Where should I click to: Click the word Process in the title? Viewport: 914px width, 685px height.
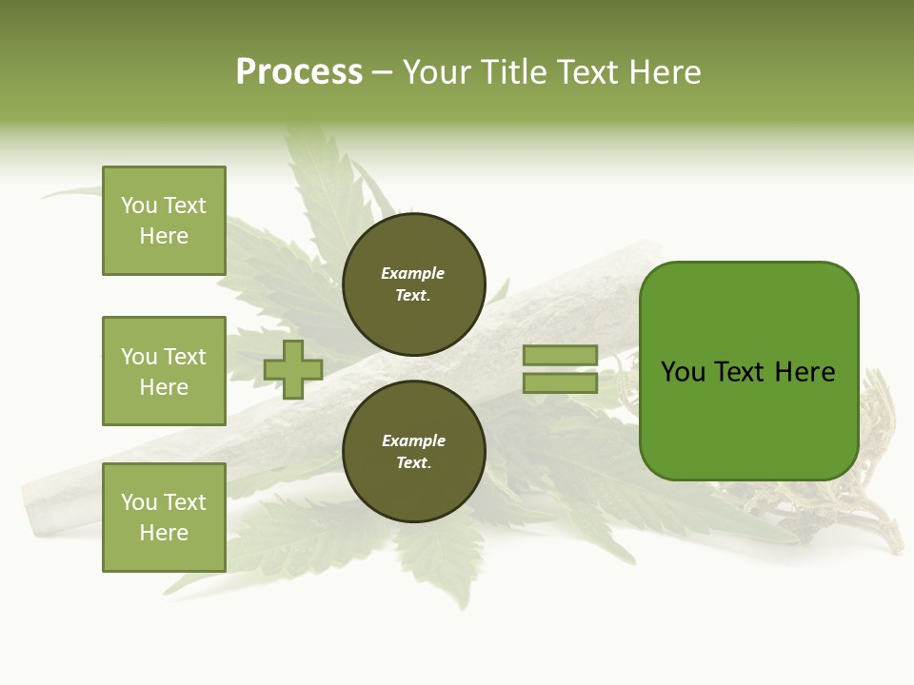pos(299,72)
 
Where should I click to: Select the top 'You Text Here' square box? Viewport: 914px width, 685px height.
pos(164,221)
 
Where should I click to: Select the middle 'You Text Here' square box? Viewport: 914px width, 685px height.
pos(164,371)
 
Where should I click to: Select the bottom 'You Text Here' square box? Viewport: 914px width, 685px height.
pos(164,518)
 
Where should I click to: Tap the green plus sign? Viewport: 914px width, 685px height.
pos(293,369)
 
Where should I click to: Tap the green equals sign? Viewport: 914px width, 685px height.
pos(560,369)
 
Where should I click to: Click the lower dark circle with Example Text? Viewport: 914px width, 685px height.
pos(413,452)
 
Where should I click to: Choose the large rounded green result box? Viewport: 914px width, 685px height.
pos(748,371)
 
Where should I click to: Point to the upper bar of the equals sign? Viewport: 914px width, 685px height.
pos(560,355)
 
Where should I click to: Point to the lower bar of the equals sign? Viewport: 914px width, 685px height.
pos(560,382)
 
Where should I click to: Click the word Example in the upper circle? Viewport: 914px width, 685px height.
pos(413,274)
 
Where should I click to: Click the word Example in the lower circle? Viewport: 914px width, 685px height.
pos(413,441)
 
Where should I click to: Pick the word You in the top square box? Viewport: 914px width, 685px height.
pos(138,205)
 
